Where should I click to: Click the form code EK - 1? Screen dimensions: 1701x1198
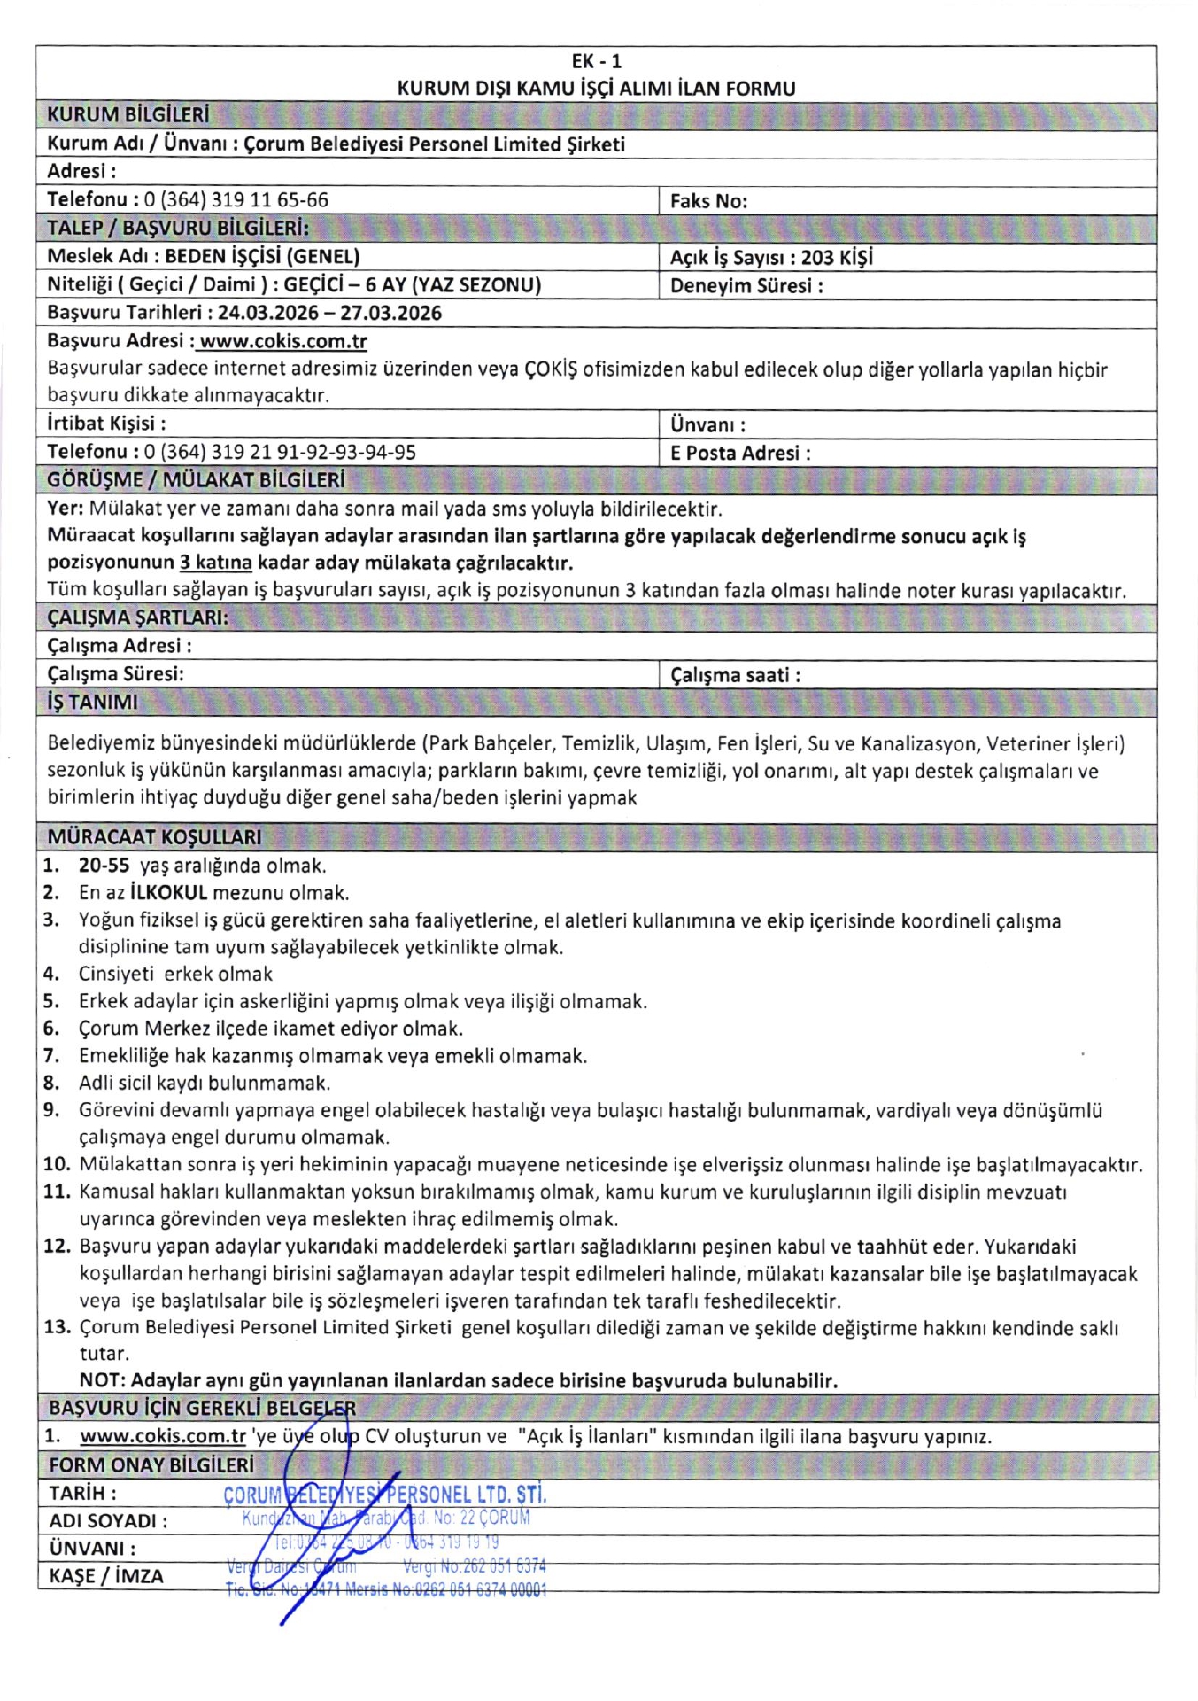pyautogui.click(x=596, y=61)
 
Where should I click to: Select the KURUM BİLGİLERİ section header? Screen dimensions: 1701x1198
pyautogui.click(x=128, y=115)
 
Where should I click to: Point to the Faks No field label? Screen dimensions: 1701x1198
pyautogui.click(x=708, y=201)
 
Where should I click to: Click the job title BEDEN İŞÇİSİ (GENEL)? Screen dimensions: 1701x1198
pyautogui.click(x=262, y=257)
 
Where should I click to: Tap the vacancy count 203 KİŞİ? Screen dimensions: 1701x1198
pyautogui.click(x=837, y=258)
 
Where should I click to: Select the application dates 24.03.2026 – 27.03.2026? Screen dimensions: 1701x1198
pyautogui.click(x=329, y=313)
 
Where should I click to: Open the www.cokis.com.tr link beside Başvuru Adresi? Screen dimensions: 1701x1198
pyautogui.click(x=282, y=341)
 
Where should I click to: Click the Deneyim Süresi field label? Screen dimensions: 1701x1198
pyautogui.click(x=746, y=286)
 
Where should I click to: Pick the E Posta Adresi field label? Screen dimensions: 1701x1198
pyautogui.click(x=739, y=453)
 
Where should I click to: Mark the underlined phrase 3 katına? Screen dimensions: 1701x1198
pyautogui.click(x=215, y=563)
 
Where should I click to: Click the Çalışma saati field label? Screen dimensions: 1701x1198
pyautogui.click(x=735, y=675)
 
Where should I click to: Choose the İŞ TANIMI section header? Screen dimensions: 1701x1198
pyautogui.click(x=92, y=703)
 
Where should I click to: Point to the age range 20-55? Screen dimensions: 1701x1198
pyautogui.click(x=104, y=866)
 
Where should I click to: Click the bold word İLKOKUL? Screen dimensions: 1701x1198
pyautogui.click(x=168, y=893)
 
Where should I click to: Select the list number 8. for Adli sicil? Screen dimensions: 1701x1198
pyautogui.click(x=51, y=1083)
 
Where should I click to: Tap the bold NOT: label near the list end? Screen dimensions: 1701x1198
pyautogui.click(x=103, y=1380)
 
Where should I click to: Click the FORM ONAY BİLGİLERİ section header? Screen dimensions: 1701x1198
pyautogui.click(x=151, y=1465)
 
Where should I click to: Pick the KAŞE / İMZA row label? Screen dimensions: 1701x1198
pyautogui.click(x=106, y=1576)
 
